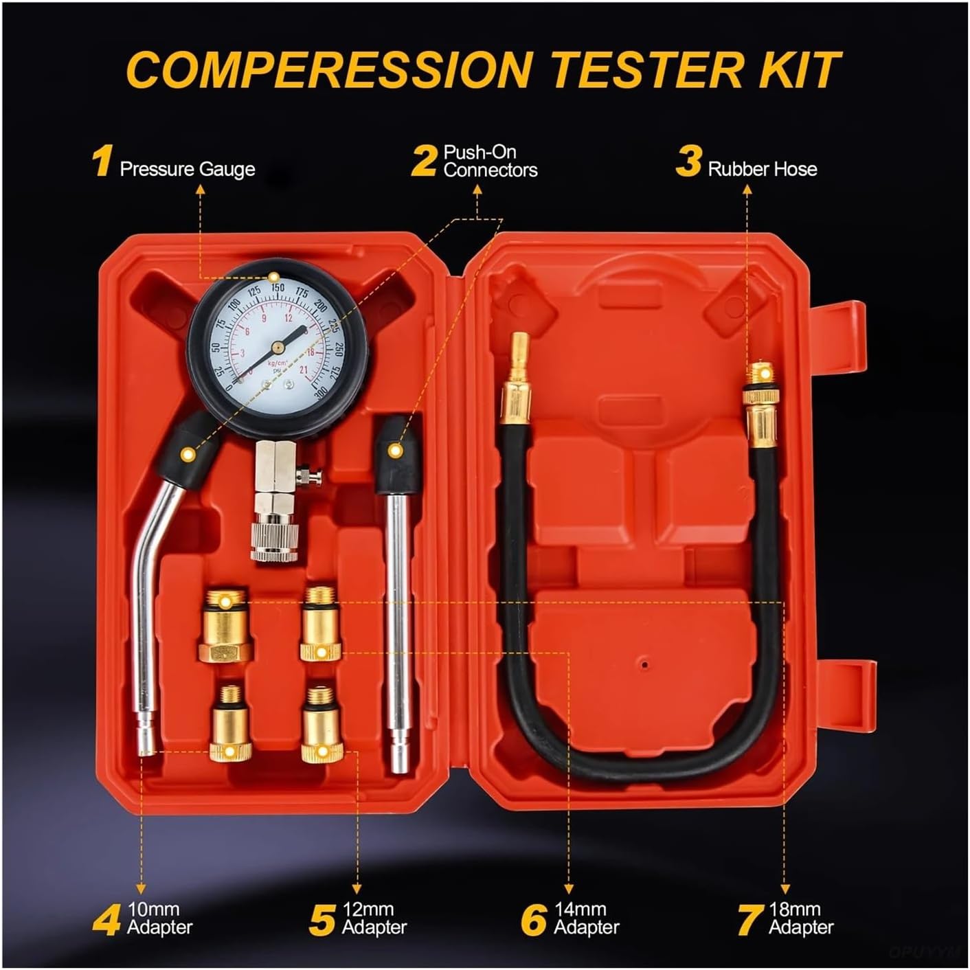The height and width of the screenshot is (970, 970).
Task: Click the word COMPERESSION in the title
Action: [330, 69]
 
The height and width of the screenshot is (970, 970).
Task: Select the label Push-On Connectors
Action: [490, 161]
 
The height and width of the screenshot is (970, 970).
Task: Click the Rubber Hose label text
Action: [763, 169]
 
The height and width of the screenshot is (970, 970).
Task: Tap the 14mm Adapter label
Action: [586, 918]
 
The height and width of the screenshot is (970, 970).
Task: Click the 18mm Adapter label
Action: [800, 918]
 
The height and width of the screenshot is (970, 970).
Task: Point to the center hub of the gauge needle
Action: [277, 343]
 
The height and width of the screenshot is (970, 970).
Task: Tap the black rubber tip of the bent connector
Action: [183, 450]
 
